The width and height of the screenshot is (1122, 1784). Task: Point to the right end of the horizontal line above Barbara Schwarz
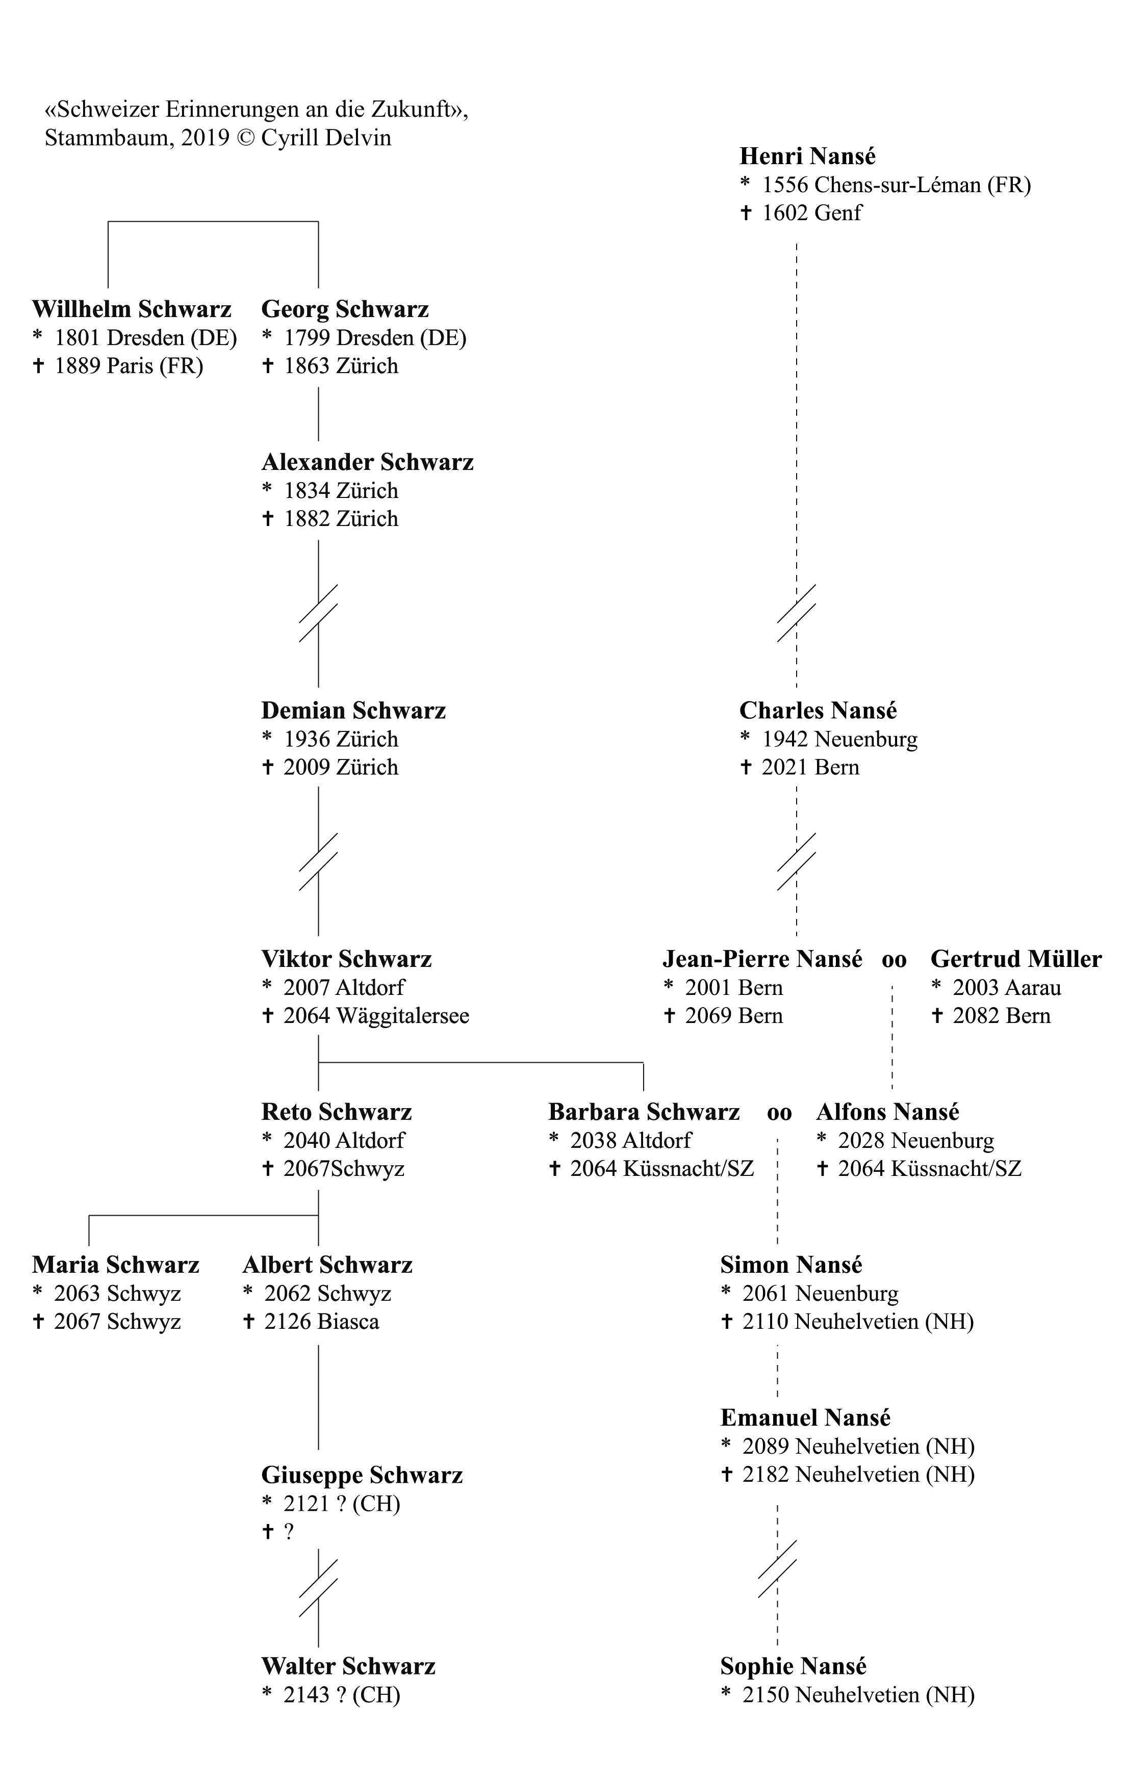[643, 1062]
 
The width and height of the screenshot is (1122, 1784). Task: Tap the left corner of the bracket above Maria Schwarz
[89, 1215]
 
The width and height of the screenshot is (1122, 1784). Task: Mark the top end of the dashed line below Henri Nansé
[797, 243]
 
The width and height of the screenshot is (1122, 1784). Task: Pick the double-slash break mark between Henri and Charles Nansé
[797, 613]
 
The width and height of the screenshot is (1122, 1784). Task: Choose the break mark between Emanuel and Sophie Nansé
[777, 1568]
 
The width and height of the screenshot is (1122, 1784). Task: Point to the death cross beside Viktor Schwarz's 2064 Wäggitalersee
[268, 1015]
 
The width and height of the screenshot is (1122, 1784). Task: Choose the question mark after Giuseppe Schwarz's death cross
[289, 1531]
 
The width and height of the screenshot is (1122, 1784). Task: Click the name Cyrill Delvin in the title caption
[326, 138]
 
